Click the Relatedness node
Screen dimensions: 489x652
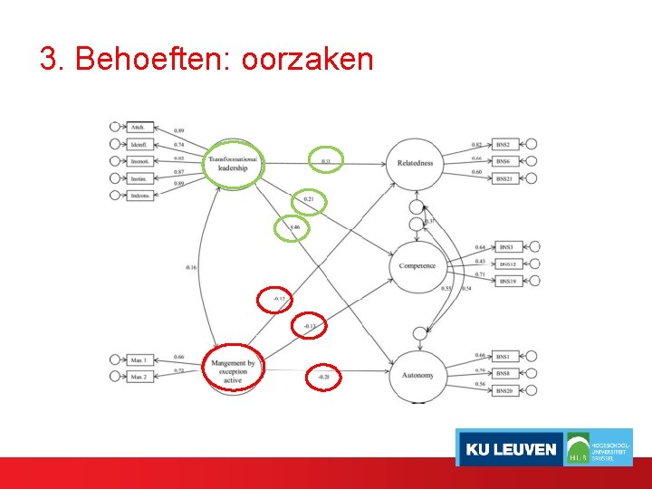pos(415,164)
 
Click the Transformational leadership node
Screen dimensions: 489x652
pos(233,163)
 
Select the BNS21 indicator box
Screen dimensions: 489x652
pos(504,178)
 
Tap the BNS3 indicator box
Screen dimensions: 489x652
pos(506,246)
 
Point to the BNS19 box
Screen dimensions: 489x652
pos(506,281)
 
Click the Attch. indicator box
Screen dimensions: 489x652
pos(139,127)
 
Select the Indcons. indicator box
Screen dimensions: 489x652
pos(139,195)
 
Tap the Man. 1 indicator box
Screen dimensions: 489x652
pos(139,360)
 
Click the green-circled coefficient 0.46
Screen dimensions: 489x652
pos(293,226)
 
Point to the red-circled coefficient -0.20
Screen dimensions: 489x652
pos(323,377)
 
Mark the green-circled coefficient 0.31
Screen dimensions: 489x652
pos(326,161)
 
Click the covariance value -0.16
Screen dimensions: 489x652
pos(191,267)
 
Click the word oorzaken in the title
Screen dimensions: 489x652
pos(308,60)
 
